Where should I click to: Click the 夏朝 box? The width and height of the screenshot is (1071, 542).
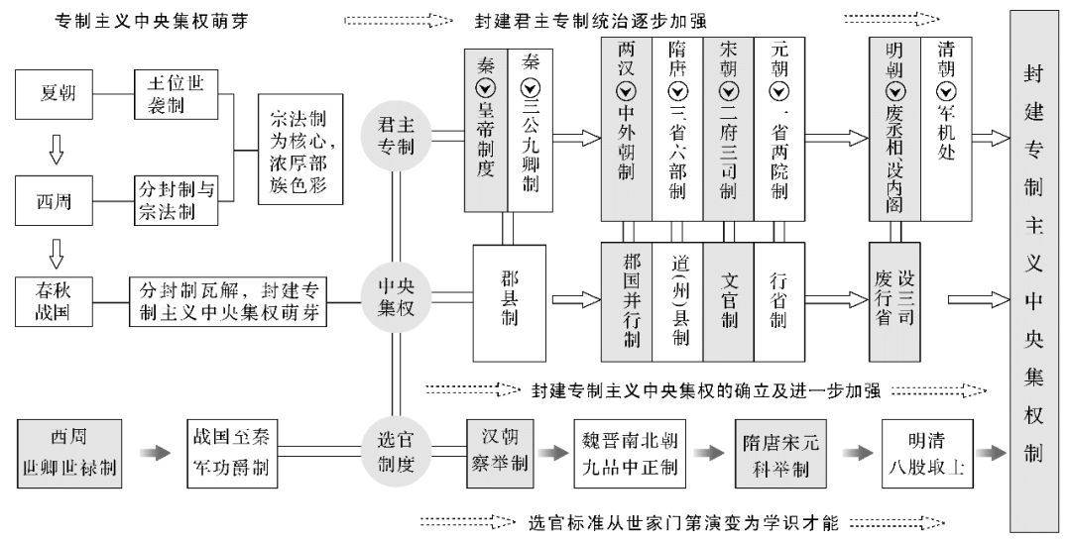pos(59,95)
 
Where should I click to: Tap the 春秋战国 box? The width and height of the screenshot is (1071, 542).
pos(59,301)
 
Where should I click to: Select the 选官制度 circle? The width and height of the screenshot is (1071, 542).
pos(393,450)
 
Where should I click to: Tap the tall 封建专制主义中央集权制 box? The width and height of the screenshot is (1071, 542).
pos(1034,268)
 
